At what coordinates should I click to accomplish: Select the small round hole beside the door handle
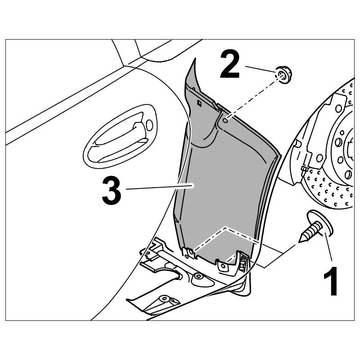(149, 126)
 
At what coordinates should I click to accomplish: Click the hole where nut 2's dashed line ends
(225, 121)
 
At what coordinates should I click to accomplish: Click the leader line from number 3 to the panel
(157, 187)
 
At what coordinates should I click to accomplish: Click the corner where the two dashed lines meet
(224, 228)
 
